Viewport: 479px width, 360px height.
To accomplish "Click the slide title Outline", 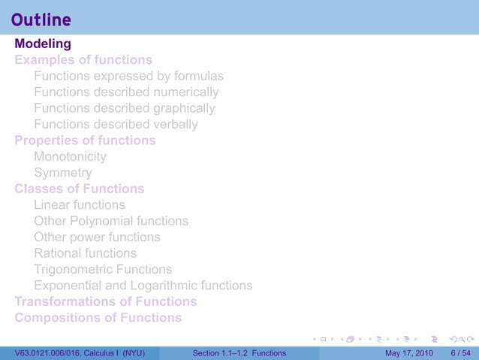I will tap(43, 20).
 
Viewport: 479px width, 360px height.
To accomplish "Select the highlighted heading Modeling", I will tap(43, 44).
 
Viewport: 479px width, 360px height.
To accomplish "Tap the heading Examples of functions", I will tap(83, 59).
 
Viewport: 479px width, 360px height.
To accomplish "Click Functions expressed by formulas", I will tap(128, 76).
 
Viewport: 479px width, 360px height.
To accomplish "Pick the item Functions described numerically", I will tap(126, 92).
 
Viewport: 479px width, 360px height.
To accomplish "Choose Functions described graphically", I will tap(124, 108).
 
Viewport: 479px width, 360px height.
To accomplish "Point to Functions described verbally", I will tap(116, 124).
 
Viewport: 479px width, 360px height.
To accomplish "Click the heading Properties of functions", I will tap(86, 141).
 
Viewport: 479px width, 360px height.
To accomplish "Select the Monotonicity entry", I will tap(70, 156).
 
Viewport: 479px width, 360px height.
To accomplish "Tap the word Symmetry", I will tap(63, 173).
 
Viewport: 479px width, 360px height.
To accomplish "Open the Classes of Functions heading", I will tap(80, 189).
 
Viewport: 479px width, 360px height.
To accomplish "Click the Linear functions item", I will tap(80, 204).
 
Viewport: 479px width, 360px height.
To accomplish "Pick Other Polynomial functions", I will tap(111, 221).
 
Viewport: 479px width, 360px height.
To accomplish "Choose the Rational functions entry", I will tap(85, 253).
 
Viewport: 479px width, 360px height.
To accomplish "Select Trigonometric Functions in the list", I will tap(103, 269).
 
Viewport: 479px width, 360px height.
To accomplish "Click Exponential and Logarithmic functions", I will tap(143, 286).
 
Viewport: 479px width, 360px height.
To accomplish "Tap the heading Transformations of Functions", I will tap(106, 301).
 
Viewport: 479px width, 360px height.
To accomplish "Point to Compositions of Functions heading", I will tap(98, 317).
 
